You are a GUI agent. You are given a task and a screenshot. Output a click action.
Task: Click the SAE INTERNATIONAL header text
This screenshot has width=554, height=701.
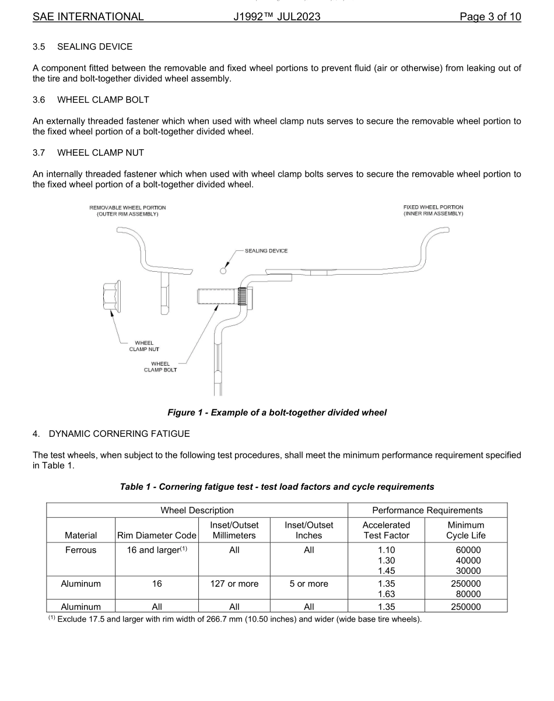pyautogui.click(x=88, y=16)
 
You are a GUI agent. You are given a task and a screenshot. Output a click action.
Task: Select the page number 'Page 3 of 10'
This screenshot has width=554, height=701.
pyautogui.click(x=490, y=16)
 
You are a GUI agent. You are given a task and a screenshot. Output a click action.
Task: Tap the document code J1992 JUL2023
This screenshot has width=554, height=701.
pyautogui.click(x=276, y=16)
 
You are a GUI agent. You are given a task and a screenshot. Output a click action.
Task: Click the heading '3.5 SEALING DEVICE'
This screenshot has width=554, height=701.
pyautogui.click(x=82, y=47)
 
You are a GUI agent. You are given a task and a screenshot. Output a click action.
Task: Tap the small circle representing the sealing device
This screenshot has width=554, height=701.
pyautogui.click(x=222, y=270)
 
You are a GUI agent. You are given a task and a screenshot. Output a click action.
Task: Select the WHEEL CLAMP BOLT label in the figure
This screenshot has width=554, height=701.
pyautogui.click(x=160, y=367)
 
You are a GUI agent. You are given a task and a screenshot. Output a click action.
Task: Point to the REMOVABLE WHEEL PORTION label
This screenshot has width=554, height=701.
pyautogui.click(x=127, y=211)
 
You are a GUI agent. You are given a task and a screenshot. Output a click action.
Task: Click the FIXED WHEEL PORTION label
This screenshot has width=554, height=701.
pyautogui.click(x=433, y=211)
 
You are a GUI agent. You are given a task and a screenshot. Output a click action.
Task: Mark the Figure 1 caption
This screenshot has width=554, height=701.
pyautogui.click(x=276, y=413)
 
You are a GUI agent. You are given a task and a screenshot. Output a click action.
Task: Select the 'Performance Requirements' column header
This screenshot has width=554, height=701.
pyautogui.click(x=427, y=510)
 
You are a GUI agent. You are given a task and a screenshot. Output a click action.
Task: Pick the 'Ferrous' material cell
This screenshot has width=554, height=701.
pyautogui.click(x=81, y=550)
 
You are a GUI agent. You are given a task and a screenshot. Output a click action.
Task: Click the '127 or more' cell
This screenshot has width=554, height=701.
pyautogui.click(x=234, y=584)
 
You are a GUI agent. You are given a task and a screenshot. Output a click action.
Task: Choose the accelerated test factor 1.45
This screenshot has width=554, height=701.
pyautogui.click(x=387, y=570)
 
